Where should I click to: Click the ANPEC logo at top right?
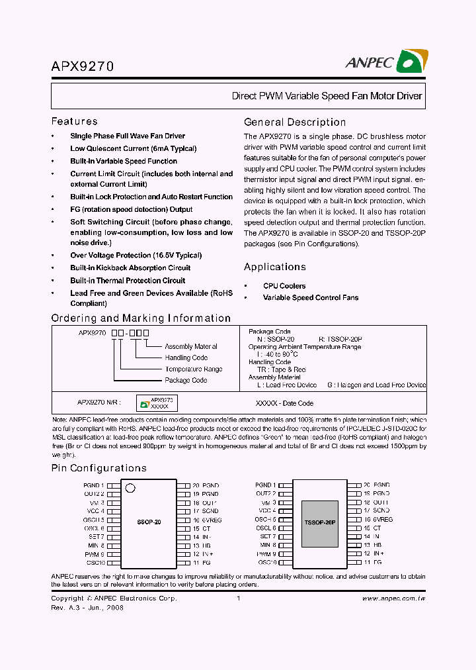coord(385,62)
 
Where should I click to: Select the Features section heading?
coord(74,121)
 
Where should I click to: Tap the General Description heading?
coord(295,122)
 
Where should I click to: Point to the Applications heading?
coord(274,267)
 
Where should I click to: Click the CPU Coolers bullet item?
coord(284,286)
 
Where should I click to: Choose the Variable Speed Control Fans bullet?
coord(311,297)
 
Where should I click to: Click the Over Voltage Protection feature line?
coord(136,255)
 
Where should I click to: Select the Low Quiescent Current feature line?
coord(133,148)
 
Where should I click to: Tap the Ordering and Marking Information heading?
coord(141,318)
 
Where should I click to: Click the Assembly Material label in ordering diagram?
coord(190,346)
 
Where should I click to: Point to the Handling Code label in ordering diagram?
coord(186,358)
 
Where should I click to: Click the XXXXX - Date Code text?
coord(284,403)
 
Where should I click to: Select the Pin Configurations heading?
coord(99,468)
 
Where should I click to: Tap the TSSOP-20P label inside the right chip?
coord(320,522)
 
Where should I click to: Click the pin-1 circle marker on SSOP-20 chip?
coord(130,489)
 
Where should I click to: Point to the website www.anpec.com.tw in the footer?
coord(394,598)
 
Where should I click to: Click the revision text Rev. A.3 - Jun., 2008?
coord(87,607)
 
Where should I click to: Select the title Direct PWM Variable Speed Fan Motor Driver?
coord(327,96)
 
